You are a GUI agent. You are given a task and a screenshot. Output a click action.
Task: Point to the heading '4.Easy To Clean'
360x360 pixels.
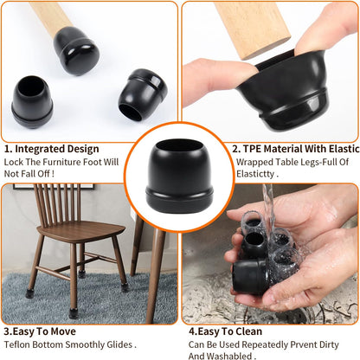click(228, 330)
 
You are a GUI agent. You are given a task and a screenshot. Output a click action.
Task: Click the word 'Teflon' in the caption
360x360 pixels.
click(19, 344)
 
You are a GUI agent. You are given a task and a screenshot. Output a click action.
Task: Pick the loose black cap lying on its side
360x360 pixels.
click(143, 94)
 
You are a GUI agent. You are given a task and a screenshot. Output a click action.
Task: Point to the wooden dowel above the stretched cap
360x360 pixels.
click(251, 26)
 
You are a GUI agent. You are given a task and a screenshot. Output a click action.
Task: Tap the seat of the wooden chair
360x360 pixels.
click(82, 231)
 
